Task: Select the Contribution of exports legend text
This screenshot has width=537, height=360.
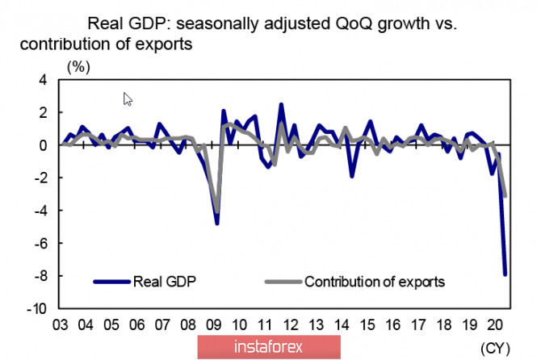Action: coord(375,282)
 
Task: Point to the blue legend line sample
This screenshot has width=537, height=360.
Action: coord(111,282)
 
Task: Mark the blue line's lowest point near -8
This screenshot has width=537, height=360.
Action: coord(506,274)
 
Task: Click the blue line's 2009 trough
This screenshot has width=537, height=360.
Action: coord(217,223)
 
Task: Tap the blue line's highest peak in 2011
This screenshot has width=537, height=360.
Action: coord(281,104)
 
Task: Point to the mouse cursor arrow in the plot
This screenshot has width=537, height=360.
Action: coord(128,99)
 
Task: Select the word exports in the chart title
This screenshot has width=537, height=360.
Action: coord(165,44)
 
